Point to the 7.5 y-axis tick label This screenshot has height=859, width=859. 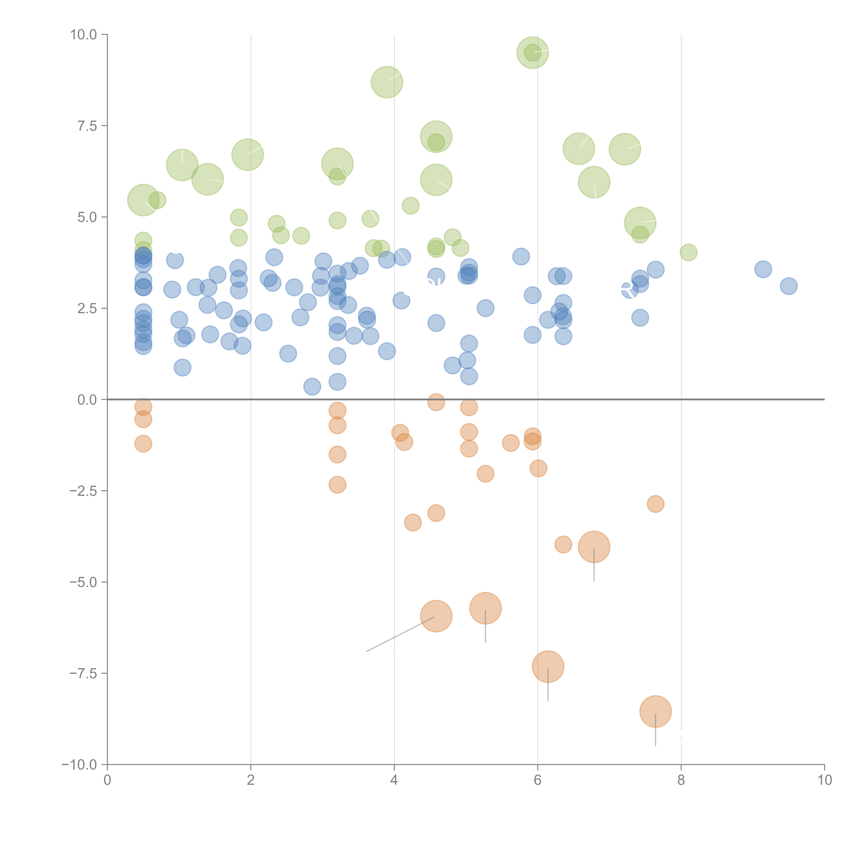87,126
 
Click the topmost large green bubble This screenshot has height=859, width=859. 533,52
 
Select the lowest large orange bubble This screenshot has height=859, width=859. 655,711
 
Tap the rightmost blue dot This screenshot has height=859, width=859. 788,286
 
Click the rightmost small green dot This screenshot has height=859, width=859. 688,253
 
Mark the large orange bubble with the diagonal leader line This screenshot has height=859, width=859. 436,616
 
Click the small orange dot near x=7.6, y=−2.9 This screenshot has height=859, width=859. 655,504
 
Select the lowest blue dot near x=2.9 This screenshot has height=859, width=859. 312,386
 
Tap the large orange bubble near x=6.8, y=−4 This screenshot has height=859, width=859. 594,547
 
